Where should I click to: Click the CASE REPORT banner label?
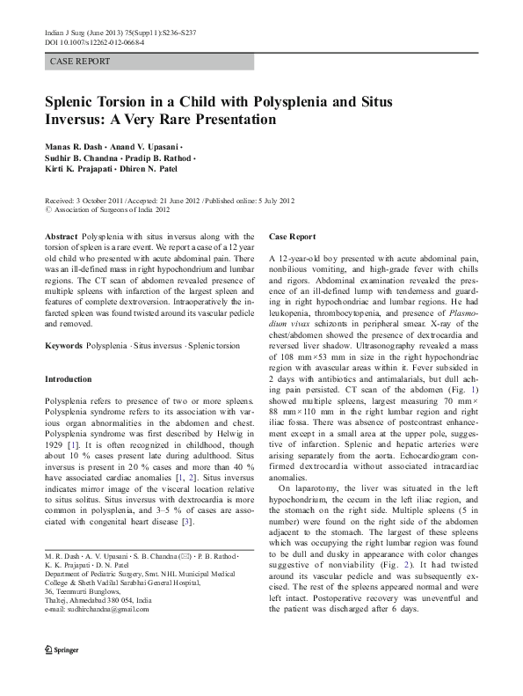point(80,62)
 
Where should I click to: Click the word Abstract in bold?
point(61,238)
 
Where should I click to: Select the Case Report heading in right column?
point(293,238)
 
